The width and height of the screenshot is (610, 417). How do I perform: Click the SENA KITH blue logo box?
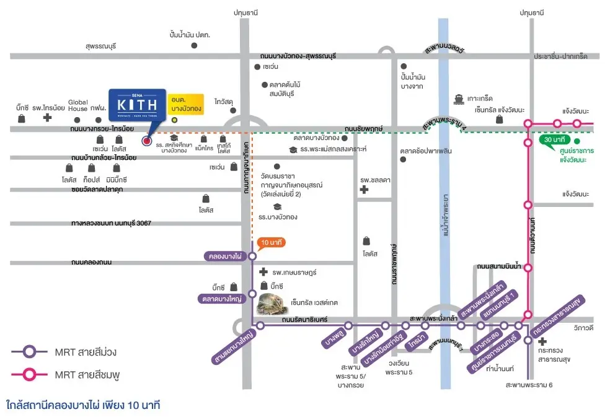137,107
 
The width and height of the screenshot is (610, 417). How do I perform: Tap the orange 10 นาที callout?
272,242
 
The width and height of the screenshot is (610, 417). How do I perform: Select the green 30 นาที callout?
552,140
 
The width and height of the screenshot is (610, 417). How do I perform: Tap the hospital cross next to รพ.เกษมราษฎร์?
263,272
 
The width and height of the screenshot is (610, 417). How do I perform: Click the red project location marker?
147,141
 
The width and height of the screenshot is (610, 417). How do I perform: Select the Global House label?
78,105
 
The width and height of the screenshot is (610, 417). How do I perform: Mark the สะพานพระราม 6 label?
529,385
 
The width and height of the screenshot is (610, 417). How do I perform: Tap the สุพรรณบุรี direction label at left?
106,46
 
